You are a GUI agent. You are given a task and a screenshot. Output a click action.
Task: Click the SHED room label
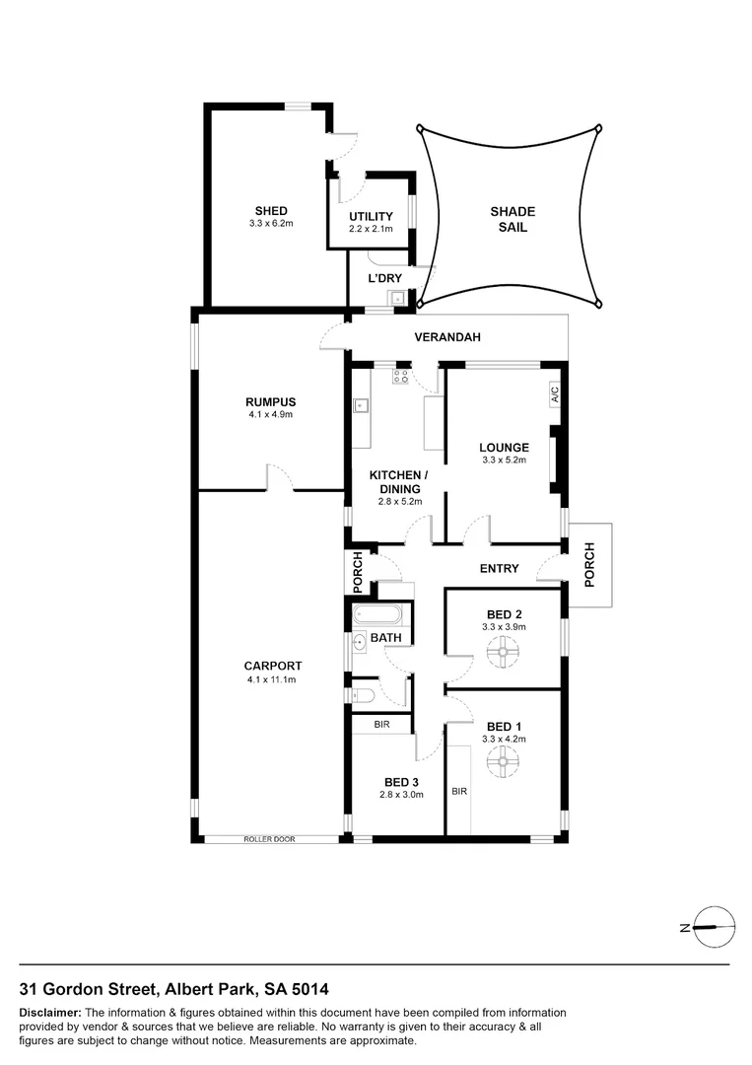(x=271, y=211)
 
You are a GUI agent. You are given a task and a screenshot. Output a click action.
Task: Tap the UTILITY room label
(x=371, y=217)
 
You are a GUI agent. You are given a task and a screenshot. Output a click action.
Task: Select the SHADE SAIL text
(x=513, y=219)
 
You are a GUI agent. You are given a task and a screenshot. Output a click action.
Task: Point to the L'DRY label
(x=385, y=279)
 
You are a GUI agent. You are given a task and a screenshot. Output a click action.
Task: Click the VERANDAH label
(x=446, y=337)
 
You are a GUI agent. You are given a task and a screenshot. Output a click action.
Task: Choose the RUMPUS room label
(x=271, y=401)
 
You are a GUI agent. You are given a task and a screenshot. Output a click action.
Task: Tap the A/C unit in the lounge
(x=554, y=394)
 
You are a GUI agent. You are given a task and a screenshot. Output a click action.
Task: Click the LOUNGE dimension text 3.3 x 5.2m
(x=504, y=461)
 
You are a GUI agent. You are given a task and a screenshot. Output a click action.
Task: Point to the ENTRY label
(x=499, y=568)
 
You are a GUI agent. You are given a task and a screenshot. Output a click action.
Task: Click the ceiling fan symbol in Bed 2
(x=504, y=649)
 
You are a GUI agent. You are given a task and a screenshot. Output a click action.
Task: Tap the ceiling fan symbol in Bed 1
(x=504, y=759)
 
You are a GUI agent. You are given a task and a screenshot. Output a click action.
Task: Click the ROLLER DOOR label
(x=271, y=839)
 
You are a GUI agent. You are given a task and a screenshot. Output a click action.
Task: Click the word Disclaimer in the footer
(x=49, y=1013)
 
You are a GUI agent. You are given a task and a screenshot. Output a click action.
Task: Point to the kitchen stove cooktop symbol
(x=401, y=376)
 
